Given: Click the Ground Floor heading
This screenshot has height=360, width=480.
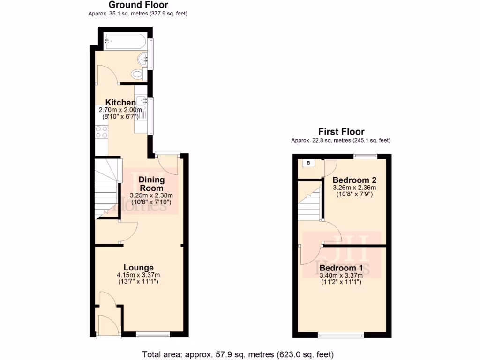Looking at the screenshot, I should pos(138,5).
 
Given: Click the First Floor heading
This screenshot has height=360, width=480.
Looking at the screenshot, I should pos(341,132).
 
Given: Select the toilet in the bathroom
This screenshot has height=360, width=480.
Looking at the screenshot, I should pos(137,74).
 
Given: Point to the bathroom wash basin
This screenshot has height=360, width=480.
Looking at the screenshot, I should pos(143,59).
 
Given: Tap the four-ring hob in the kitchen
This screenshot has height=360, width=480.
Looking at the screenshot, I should pos(101,132).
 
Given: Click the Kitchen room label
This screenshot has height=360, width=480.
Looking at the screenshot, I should pos(120,103).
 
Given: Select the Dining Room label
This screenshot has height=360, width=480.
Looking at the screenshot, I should pos(151,184).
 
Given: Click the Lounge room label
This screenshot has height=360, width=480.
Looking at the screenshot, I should pos(138,268).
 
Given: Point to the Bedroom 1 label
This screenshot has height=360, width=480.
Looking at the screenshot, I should pos(341,268).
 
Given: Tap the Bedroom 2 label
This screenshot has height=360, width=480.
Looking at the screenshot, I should pos(354,180).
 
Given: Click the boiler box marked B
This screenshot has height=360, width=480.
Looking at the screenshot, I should pos(308,163).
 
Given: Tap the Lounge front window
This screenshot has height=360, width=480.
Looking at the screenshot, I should pos(151,334).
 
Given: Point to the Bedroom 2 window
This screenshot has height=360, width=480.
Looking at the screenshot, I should pos(365,156).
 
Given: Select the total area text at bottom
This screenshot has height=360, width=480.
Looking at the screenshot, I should pos(238,354).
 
